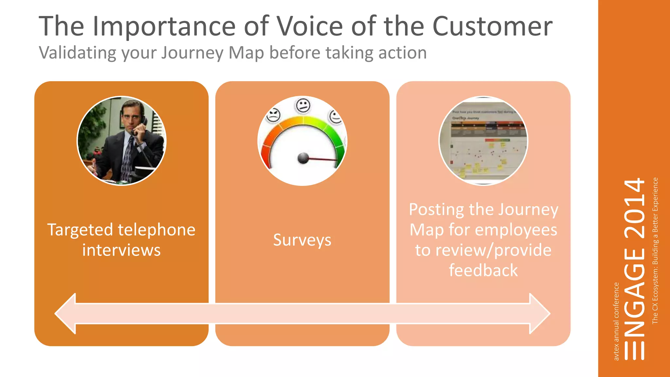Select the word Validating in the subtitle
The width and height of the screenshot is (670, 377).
[x=77, y=53]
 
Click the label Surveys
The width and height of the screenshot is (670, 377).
[x=302, y=240]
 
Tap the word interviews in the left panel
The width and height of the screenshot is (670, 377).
[x=121, y=250]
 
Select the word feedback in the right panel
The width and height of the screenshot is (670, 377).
[x=483, y=271]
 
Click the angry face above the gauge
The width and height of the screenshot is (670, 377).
[x=273, y=116]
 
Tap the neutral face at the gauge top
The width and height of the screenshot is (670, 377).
[x=303, y=105]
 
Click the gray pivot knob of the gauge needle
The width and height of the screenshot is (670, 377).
[x=303, y=158]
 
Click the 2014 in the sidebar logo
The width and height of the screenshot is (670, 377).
[x=635, y=208]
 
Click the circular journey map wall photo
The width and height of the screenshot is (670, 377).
[x=483, y=141]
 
